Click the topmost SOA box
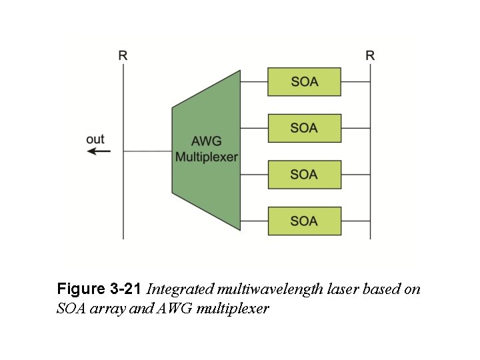coord(304,81)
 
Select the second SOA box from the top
coord(304,128)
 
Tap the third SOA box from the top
coord(304,175)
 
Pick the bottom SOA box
coord(304,221)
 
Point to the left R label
coord(123,55)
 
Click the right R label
coord(370,55)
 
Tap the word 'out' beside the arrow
coord(95,139)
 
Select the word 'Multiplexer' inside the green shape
coord(206,157)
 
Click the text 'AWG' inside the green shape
coord(206,142)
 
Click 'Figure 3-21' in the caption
coord(99,289)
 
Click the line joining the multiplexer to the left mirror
coord(147,151)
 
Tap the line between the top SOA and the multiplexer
coord(254,81)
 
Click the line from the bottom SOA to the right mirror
coord(355,221)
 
